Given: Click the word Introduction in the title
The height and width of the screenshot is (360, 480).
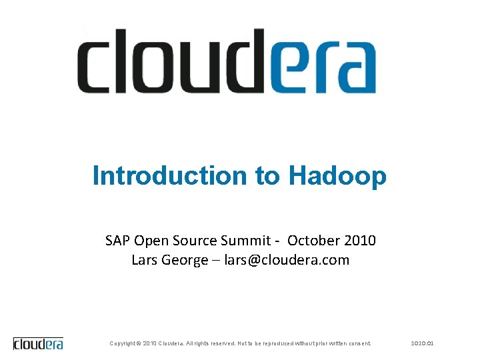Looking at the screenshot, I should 170,176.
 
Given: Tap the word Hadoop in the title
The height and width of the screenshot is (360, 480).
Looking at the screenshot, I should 337,177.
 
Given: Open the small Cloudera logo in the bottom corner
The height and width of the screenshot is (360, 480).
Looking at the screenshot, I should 39,344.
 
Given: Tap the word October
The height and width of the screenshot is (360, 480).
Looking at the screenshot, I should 313,240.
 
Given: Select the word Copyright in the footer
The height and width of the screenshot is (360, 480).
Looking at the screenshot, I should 123,343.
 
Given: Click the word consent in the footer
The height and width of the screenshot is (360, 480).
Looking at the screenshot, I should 359,343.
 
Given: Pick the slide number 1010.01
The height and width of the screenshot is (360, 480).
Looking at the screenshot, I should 423,343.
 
